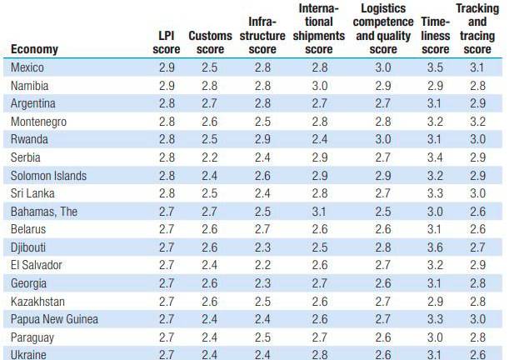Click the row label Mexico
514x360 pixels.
(x=27, y=67)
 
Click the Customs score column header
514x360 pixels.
(x=210, y=42)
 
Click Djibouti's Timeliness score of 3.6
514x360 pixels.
(x=435, y=247)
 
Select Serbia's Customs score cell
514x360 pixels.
(x=210, y=157)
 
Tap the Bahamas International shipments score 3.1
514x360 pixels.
(x=318, y=212)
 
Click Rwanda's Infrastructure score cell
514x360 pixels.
(x=263, y=139)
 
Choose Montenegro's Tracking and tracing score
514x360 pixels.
(x=477, y=121)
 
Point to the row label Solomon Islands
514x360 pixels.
(x=49, y=176)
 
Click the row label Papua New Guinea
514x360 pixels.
(x=54, y=319)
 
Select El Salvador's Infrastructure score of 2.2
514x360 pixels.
(x=263, y=265)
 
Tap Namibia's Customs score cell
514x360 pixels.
(x=210, y=85)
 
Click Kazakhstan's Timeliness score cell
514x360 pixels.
(x=435, y=301)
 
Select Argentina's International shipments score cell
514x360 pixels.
(x=318, y=103)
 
